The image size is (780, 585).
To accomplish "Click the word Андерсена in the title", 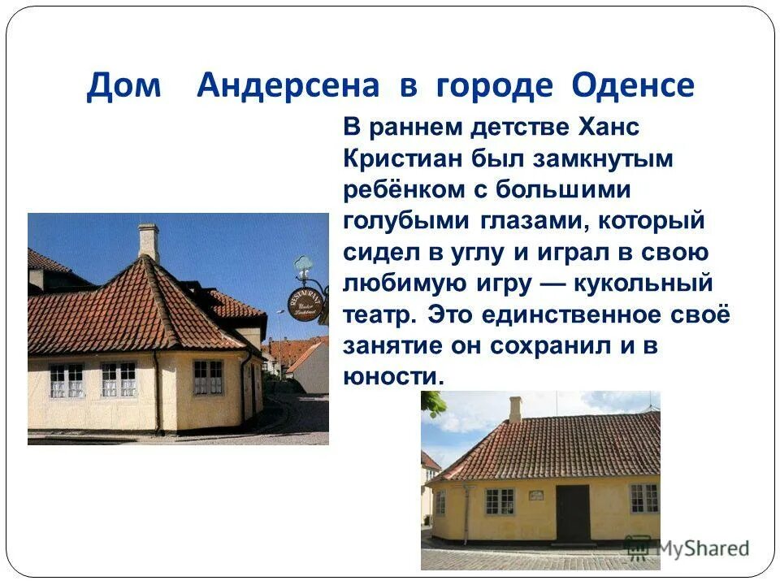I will (288, 85).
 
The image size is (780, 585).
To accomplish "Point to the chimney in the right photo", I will (515, 409).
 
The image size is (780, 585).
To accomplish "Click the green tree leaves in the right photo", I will (432, 403).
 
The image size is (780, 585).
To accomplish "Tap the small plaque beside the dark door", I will (535, 495).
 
